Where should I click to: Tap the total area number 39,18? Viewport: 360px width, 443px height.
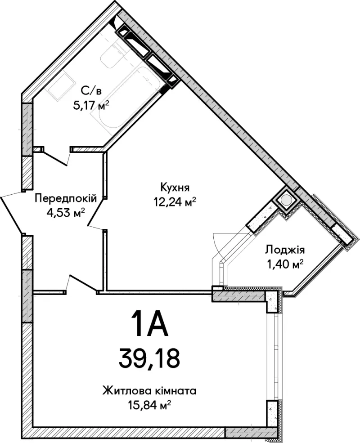(149, 357)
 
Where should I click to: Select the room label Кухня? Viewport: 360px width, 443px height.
(175, 187)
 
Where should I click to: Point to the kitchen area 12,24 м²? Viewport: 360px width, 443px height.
(175, 202)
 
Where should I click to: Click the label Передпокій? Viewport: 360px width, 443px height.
(66, 198)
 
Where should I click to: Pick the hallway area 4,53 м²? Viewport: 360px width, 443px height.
(66, 213)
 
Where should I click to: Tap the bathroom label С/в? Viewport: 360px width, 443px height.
(91, 91)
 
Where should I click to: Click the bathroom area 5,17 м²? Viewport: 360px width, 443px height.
(91, 106)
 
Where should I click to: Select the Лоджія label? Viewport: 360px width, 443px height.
(284, 251)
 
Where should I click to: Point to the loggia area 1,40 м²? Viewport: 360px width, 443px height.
(284, 265)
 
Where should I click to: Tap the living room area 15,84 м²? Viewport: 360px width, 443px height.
(149, 406)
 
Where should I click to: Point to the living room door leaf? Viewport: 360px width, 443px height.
(82, 282)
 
